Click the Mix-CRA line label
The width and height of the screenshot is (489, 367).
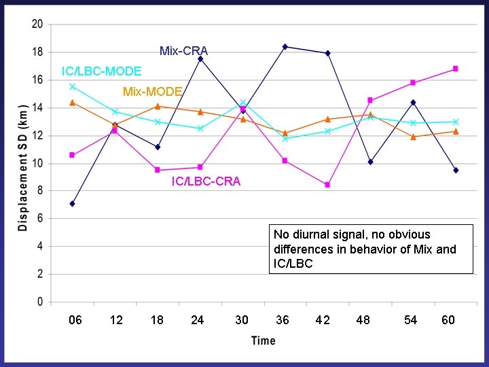(x=183, y=51)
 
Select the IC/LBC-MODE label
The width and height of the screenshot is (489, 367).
(x=101, y=71)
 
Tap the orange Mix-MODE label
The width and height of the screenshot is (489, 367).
(x=152, y=92)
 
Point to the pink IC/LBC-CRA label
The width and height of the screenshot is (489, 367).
(x=206, y=181)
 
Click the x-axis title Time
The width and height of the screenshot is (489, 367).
(x=263, y=340)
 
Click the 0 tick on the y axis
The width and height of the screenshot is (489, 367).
(x=39, y=302)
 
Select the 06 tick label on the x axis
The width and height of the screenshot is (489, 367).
(x=75, y=320)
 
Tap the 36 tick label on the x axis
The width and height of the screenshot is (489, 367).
(x=282, y=320)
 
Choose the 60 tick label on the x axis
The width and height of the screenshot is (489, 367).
(x=448, y=320)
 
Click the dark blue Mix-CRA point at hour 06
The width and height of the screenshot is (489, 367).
(x=72, y=203)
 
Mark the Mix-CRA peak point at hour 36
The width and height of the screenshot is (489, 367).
(x=285, y=46)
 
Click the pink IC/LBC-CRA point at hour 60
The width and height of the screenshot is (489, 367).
(x=455, y=69)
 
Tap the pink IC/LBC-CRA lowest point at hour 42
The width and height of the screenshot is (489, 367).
(x=327, y=185)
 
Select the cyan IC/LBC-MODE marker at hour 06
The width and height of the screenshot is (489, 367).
(x=72, y=86)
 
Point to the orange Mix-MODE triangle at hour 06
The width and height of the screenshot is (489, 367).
(x=72, y=102)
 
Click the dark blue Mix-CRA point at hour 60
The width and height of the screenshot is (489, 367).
(x=456, y=170)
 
